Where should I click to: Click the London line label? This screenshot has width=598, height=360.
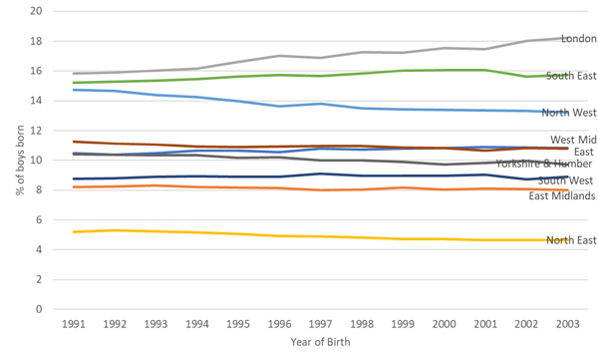[579, 39]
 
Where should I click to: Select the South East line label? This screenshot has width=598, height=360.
[572, 76]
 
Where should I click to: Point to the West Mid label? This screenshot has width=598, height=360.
[573, 140]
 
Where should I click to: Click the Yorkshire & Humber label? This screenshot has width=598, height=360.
[545, 164]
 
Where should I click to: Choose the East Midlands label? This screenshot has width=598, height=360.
[561, 195]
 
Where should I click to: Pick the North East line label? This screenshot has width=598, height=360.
[571, 240]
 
